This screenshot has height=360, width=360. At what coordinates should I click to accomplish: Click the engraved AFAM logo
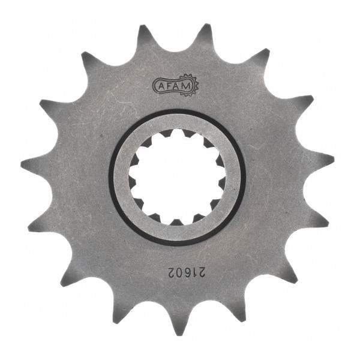175,85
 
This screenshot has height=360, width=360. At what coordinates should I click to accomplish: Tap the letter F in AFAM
167,86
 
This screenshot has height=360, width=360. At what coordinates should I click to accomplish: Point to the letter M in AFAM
187,86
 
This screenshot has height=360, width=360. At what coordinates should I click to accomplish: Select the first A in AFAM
161,87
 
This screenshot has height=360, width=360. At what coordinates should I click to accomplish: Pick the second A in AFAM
176,86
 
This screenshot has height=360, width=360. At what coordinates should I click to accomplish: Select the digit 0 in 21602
181,272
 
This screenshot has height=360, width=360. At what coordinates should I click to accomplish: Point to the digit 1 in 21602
194,272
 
